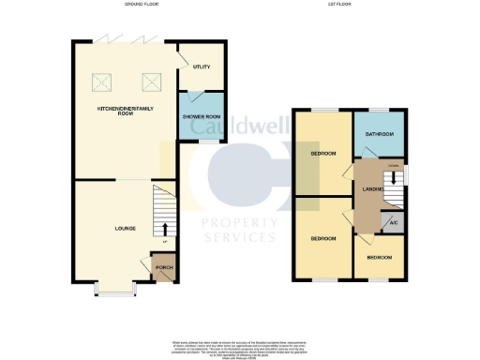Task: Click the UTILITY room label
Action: [x=201, y=67]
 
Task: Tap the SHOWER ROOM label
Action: [x=200, y=116]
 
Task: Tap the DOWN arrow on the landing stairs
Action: [x=397, y=175]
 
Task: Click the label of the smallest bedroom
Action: [x=379, y=257]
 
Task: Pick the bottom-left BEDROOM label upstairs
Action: [x=323, y=239]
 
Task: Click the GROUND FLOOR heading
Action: [x=142, y=6]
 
